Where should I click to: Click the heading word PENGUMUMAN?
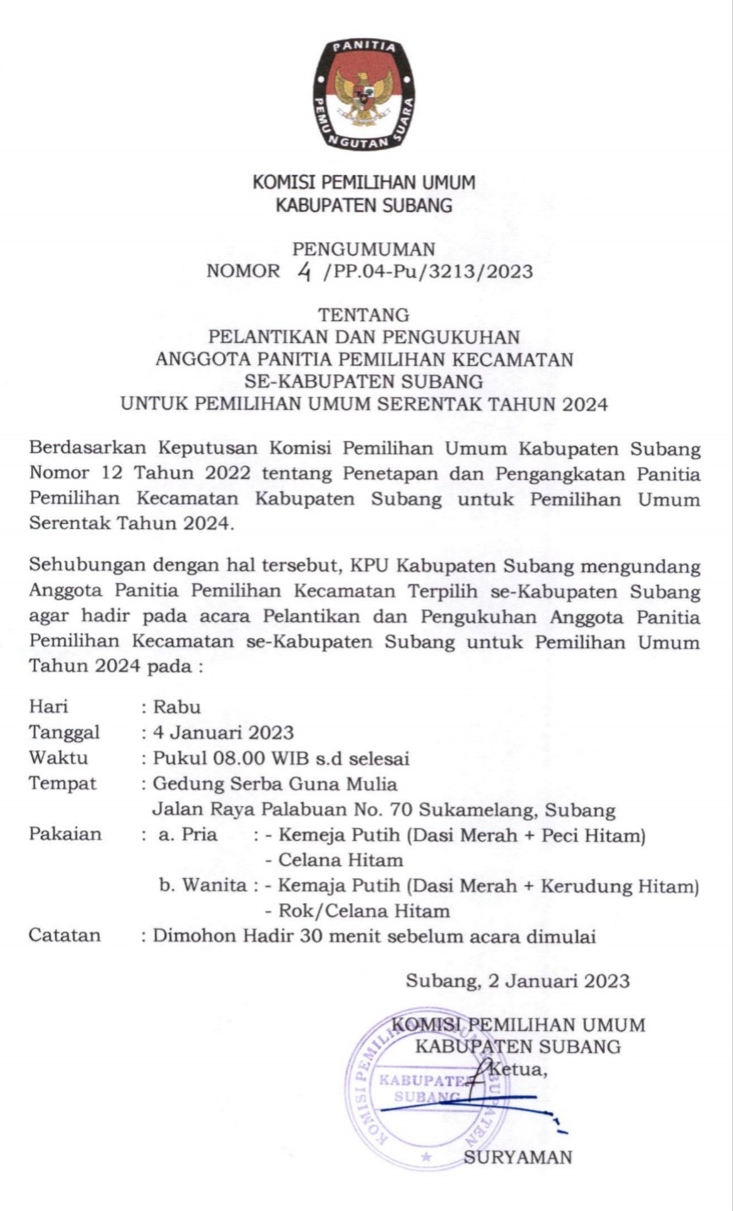click(x=364, y=248)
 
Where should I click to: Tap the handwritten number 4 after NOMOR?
click(x=304, y=271)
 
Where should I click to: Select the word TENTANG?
click(x=364, y=315)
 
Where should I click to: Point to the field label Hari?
click(x=49, y=706)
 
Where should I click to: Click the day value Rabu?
click(x=176, y=706)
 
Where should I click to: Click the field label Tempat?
click(x=62, y=783)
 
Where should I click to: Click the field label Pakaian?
click(x=65, y=835)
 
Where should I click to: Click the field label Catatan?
click(x=65, y=936)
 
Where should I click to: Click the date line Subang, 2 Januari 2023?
click(x=518, y=980)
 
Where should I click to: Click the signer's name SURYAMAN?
click(x=518, y=1157)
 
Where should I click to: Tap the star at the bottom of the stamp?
click(x=426, y=1155)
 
